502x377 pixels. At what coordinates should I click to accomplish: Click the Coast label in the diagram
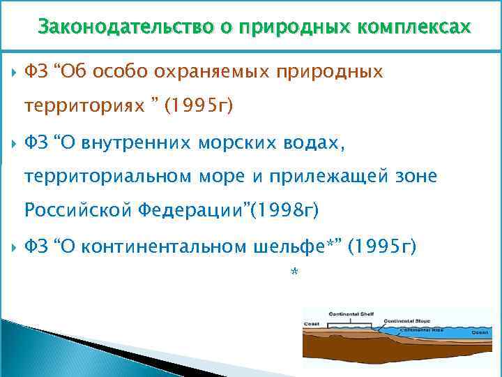point(311,324)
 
